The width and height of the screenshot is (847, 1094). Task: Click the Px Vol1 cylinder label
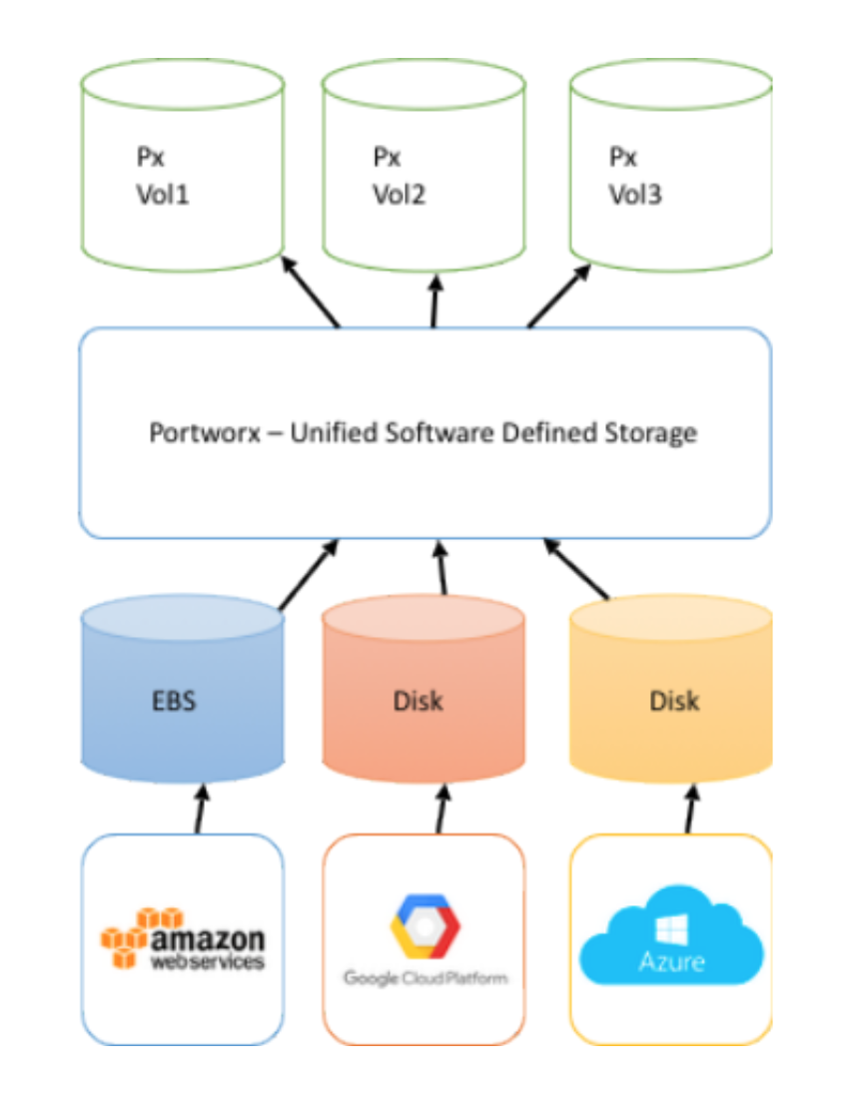[162, 176]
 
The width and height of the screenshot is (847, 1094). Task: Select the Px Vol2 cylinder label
[399, 176]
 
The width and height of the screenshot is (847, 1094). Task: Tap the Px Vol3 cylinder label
[635, 176]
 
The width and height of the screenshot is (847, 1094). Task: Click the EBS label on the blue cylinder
[174, 700]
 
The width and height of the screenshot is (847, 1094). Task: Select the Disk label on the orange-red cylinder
[418, 700]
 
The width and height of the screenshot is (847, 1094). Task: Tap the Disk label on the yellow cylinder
[674, 700]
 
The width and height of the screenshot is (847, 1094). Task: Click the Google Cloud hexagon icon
[424, 926]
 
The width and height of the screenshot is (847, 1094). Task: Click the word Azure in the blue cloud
[670, 962]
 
